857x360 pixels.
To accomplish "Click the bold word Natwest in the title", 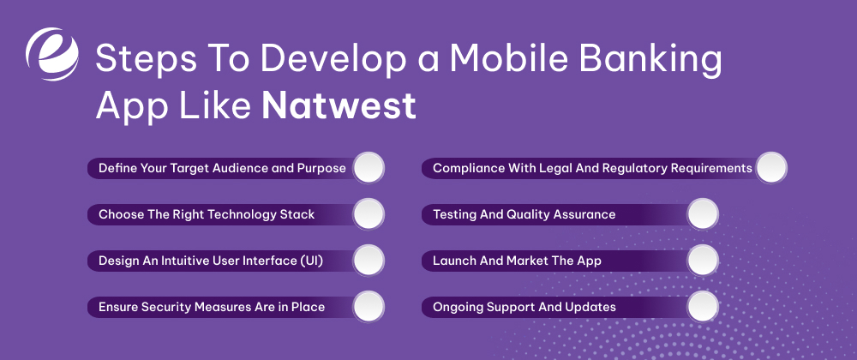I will (x=339, y=107).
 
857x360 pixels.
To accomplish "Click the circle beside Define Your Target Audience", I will (x=369, y=168).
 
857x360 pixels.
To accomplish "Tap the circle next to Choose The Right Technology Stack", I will (x=369, y=214).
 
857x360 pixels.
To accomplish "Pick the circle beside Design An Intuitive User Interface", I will (x=369, y=261).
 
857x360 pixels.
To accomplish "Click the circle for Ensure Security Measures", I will (x=369, y=307).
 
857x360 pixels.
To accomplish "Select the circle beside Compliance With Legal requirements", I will (x=770, y=168).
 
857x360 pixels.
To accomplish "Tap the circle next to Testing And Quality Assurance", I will (x=702, y=214).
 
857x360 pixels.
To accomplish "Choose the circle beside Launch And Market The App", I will (x=702, y=261).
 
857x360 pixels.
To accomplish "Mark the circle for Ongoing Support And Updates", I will (x=702, y=307).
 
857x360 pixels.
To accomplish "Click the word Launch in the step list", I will (x=455, y=261).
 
